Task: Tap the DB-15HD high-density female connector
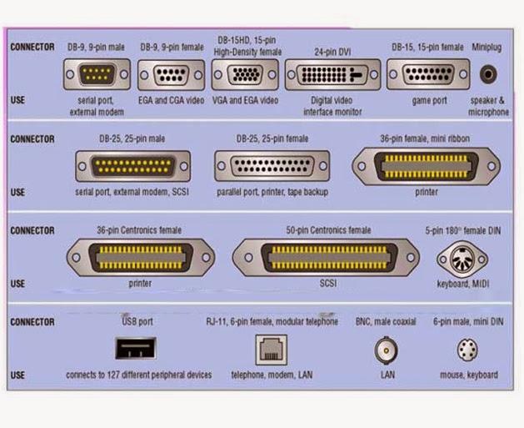pyautogui.click(x=244, y=74)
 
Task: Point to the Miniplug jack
pyautogui.click(x=487, y=74)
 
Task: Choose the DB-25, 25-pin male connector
pyautogui.click(x=132, y=166)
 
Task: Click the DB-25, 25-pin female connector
pyautogui.click(x=271, y=166)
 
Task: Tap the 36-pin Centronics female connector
pyautogui.click(x=140, y=257)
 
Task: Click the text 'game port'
pyautogui.click(x=429, y=101)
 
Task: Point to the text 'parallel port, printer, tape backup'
pyautogui.click(x=272, y=192)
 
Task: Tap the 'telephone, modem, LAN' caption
pyautogui.click(x=272, y=375)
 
